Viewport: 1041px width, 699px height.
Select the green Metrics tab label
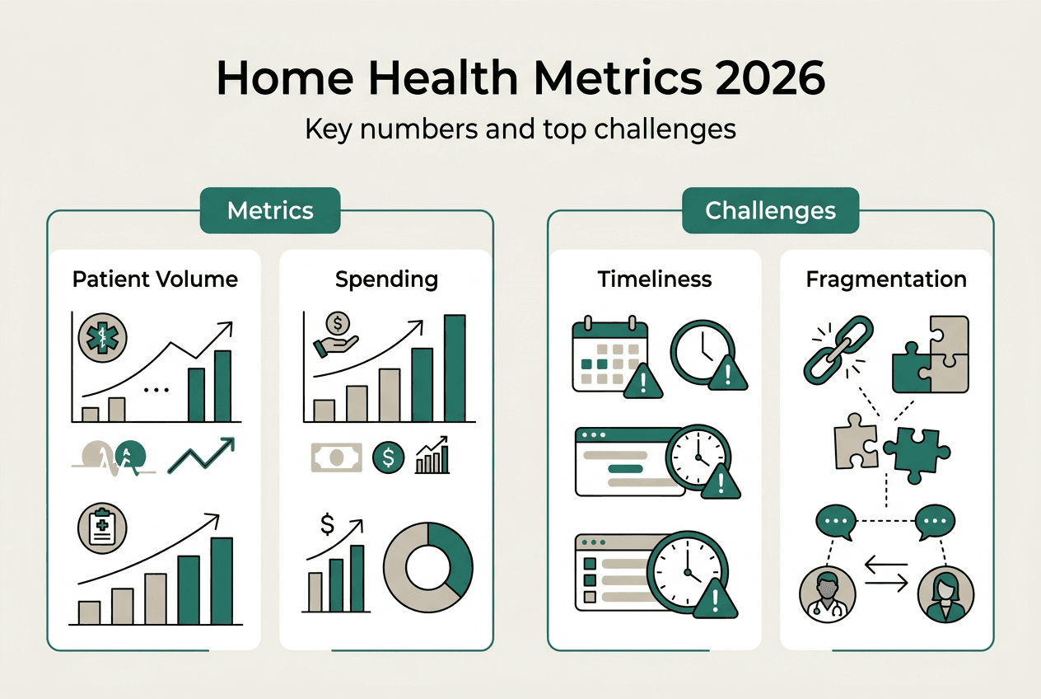point(270,210)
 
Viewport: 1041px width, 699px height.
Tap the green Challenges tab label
point(770,210)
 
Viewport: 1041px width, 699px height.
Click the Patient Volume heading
point(155,279)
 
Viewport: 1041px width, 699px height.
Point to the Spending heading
point(386,279)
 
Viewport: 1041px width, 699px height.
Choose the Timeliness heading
point(655,279)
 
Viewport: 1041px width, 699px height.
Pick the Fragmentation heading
point(886,279)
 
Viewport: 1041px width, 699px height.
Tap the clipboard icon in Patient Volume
point(100,528)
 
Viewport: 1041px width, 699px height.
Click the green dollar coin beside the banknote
point(388,457)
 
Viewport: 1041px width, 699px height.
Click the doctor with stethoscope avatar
point(824,593)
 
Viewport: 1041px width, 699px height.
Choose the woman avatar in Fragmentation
point(945,593)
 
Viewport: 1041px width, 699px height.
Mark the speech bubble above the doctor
point(837,522)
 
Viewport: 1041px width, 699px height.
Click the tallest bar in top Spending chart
point(455,368)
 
